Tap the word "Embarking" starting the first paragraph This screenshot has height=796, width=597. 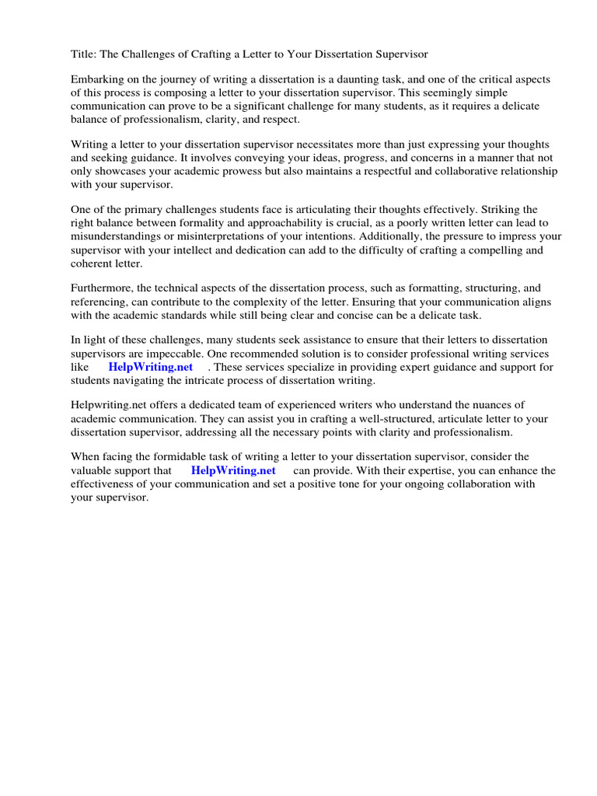pyautogui.click(x=97, y=80)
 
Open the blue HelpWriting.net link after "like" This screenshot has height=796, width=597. pyautogui.click(x=151, y=367)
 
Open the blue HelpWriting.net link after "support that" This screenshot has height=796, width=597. pyautogui.click(x=233, y=471)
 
